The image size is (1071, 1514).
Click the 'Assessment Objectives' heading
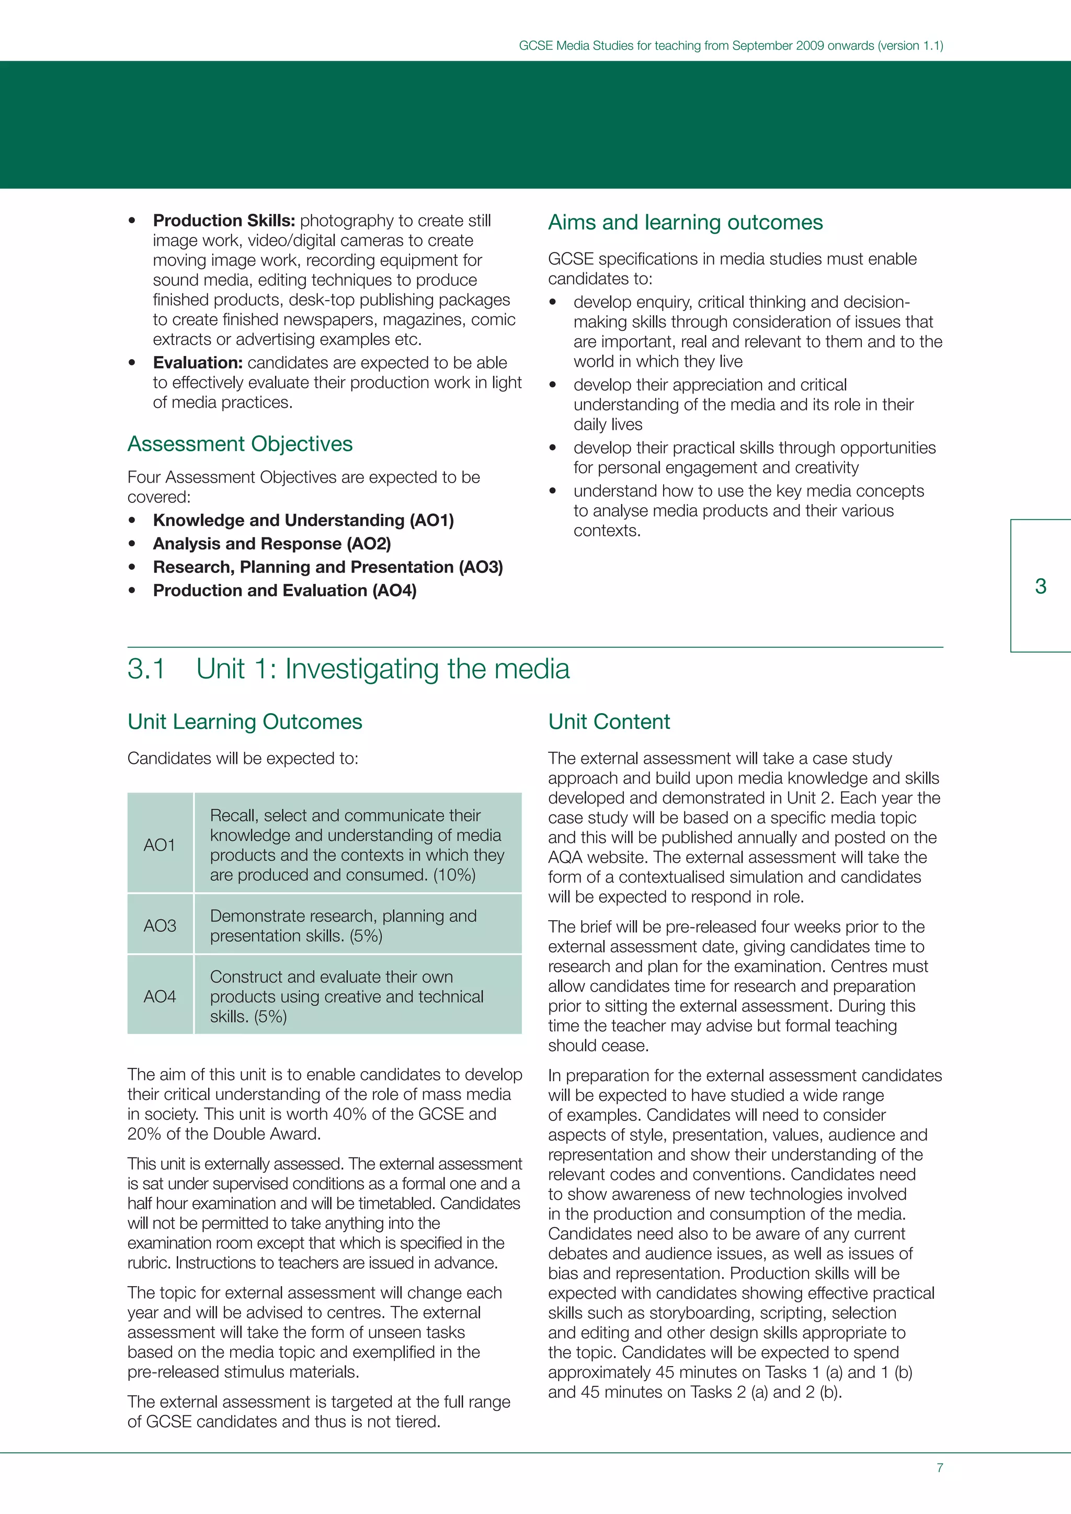tap(240, 444)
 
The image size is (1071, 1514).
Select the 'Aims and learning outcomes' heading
tap(685, 222)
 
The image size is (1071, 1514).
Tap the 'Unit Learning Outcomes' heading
tap(245, 721)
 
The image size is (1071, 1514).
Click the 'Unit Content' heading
tap(609, 721)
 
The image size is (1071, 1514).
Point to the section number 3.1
tap(146, 669)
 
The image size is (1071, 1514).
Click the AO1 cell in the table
tap(159, 845)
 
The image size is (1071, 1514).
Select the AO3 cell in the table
tap(159, 926)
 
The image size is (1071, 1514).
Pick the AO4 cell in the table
tap(159, 996)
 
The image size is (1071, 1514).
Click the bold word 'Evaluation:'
tap(198, 363)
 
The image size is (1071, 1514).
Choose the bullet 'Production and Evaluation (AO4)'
tap(284, 590)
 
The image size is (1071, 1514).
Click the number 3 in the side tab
tap(1040, 586)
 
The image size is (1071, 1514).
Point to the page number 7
tap(940, 1468)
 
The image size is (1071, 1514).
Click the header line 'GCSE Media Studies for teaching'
tap(730, 45)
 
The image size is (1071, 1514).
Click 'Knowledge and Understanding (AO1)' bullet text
tap(303, 520)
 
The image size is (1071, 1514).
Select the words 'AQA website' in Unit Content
tap(598, 857)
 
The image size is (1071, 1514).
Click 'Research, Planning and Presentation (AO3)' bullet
tap(328, 567)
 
